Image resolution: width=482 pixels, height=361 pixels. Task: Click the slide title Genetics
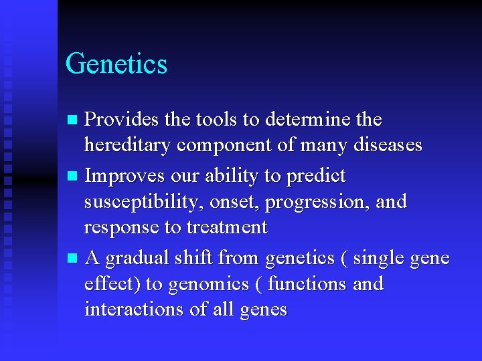(116, 64)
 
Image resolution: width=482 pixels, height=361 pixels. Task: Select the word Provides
(122, 120)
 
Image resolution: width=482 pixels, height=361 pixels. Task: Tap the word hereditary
(129, 146)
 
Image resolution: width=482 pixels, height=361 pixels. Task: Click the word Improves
(125, 176)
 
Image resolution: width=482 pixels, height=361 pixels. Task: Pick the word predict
(315, 176)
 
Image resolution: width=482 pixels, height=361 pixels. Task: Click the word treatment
(226, 227)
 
